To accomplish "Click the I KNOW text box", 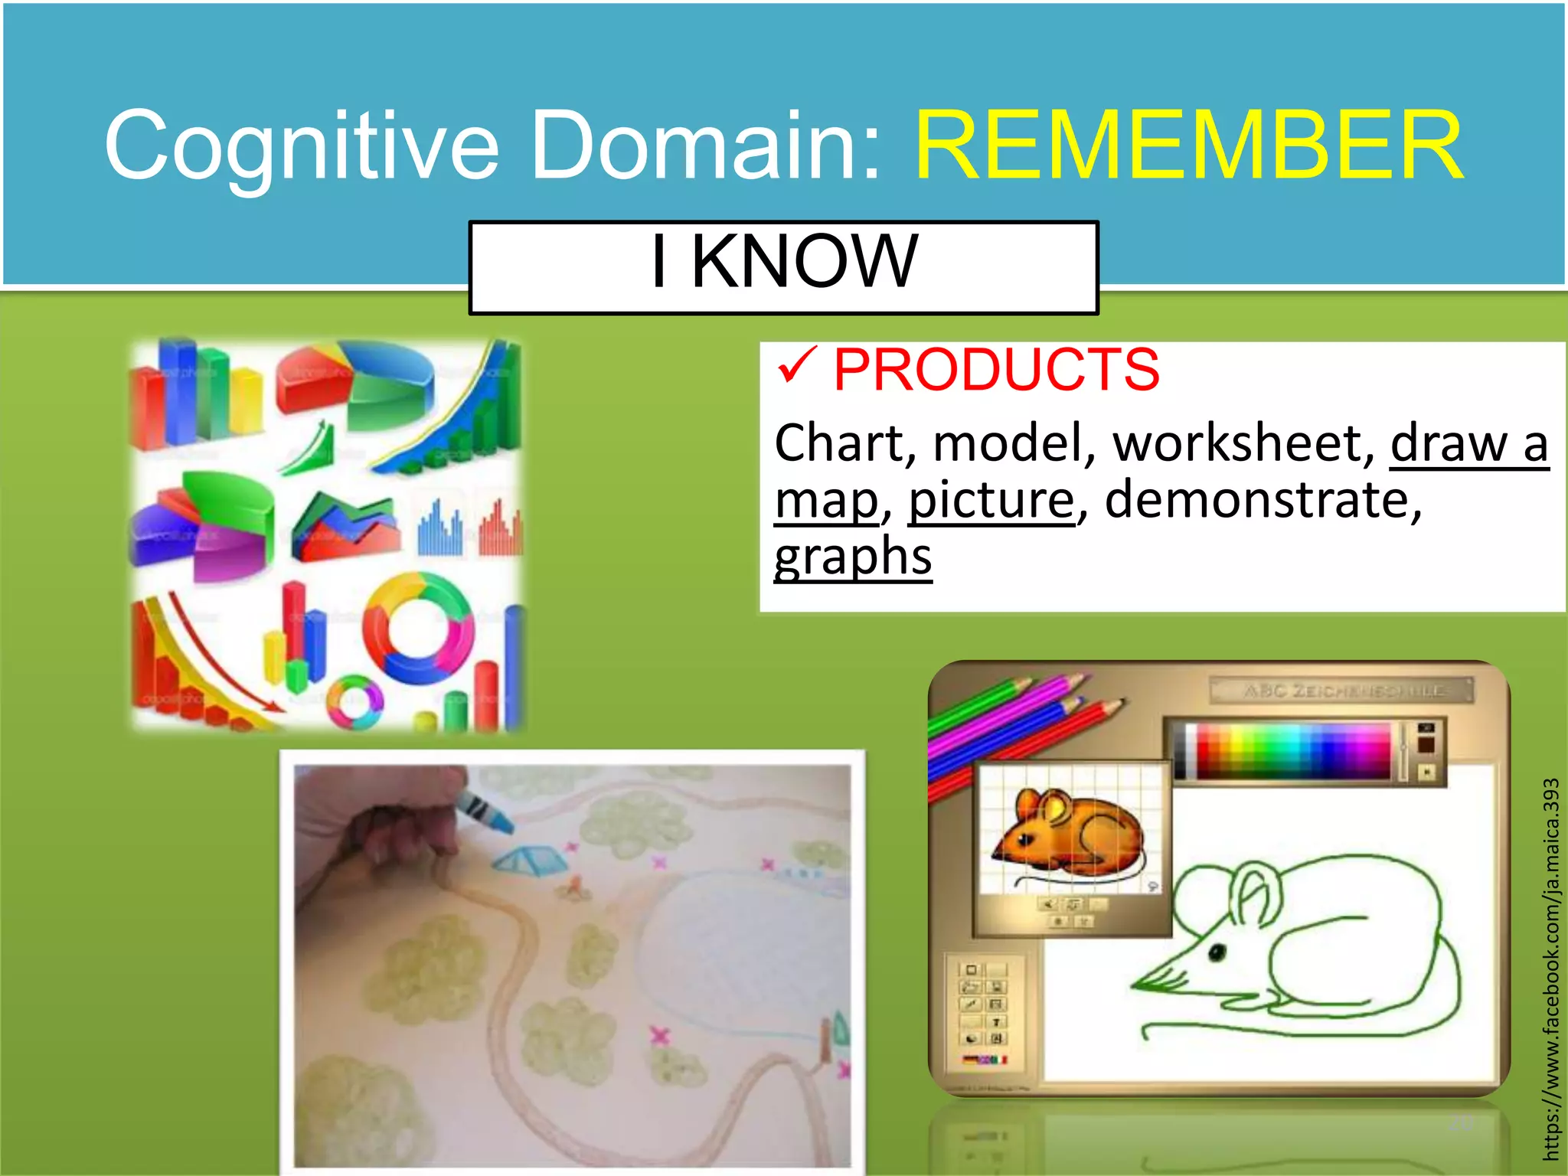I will tap(783, 266).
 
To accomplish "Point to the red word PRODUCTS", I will tap(996, 370).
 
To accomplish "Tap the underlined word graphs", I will tap(853, 556).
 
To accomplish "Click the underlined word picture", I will tap(991, 500).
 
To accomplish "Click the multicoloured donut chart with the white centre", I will tap(417, 628).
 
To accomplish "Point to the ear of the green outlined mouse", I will tap(1256, 893).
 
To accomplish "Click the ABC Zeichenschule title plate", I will tap(1341, 690).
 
